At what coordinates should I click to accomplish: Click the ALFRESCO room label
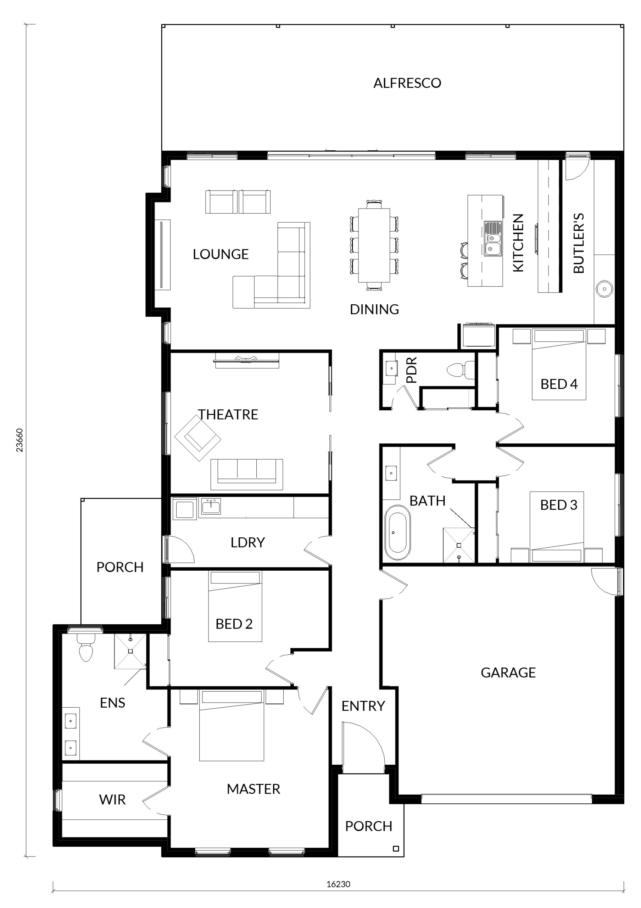(407, 83)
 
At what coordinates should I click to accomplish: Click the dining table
(374, 245)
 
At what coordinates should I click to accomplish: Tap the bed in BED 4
(559, 364)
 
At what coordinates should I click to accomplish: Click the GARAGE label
(508, 673)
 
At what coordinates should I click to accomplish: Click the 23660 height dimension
(19, 440)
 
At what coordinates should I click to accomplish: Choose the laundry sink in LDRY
(211, 506)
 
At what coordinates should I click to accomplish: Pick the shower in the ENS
(130, 651)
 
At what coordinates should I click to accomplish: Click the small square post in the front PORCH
(396, 848)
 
